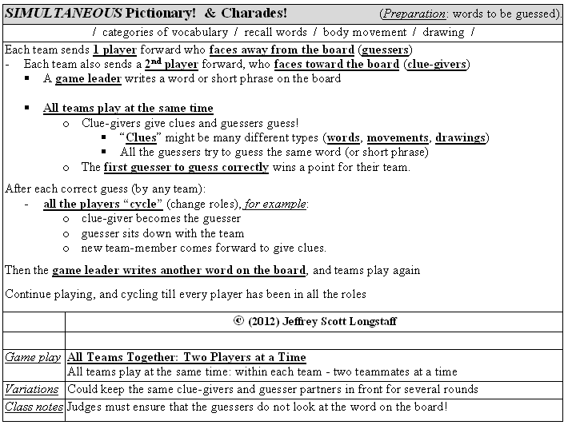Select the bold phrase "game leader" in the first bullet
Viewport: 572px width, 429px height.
click(x=88, y=78)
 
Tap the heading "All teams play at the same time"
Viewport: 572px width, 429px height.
click(x=128, y=108)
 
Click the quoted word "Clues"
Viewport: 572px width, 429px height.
click(x=142, y=137)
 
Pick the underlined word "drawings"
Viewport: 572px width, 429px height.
click(x=460, y=137)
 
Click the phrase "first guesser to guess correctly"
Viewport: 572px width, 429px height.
click(x=186, y=167)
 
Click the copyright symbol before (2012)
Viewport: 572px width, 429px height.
click(x=238, y=321)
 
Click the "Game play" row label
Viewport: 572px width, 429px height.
click(x=33, y=357)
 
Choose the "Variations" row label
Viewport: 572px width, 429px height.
click(x=32, y=389)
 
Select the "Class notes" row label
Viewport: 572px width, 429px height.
click(x=34, y=407)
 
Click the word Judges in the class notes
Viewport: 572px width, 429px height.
click(x=86, y=407)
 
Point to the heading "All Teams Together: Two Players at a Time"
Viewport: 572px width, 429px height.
click(x=186, y=357)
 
